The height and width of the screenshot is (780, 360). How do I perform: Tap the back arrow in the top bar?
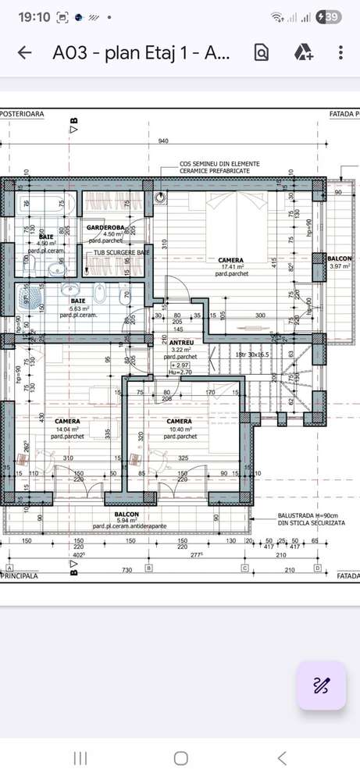click(25, 52)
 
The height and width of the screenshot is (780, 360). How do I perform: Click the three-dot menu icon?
click(340, 52)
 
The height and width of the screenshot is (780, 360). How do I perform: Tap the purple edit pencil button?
click(321, 686)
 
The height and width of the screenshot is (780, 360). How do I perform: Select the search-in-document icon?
click(261, 52)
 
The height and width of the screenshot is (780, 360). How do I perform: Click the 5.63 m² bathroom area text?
click(78, 308)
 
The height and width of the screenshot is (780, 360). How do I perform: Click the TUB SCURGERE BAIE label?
click(121, 253)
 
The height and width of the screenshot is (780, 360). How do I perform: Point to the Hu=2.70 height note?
click(180, 372)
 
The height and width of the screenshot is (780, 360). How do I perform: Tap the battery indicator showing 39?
click(329, 16)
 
